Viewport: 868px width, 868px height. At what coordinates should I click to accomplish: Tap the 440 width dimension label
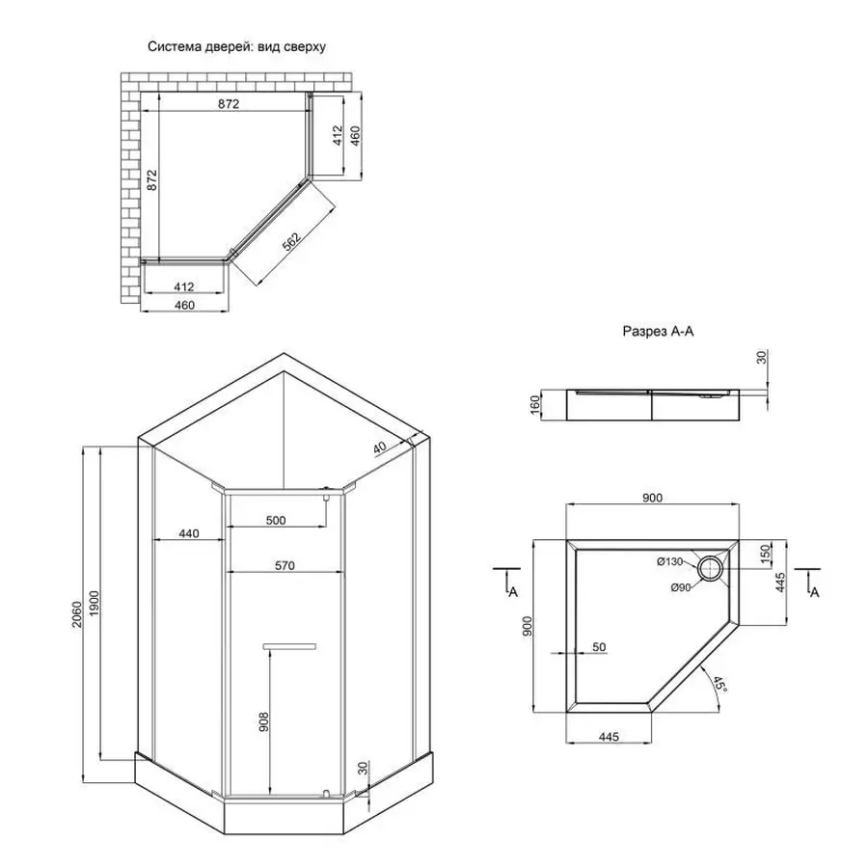[x=189, y=534]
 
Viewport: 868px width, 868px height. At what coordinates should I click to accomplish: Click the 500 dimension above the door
[x=276, y=521]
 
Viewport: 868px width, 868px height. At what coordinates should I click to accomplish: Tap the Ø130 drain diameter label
[x=670, y=561]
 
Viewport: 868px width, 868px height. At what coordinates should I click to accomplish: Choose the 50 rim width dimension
[x=598, y=648]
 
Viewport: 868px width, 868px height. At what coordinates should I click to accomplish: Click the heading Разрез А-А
[x=659, y=331]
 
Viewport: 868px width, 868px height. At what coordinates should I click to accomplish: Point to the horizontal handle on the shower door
[x=289, y=644]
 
